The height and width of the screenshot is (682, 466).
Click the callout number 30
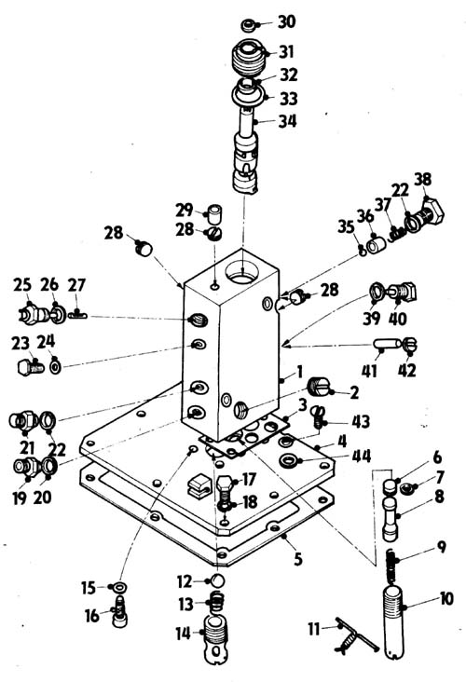[287, 22]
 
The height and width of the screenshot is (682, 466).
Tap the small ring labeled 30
[249, 25]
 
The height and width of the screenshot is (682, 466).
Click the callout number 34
[287, 121]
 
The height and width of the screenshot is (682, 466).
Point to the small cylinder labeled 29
[213, 212]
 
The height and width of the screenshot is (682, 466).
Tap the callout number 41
[369, 371]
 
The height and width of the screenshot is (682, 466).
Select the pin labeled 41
[387, 344]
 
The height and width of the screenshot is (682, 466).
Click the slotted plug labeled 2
[319, 387]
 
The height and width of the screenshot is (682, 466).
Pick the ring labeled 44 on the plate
[289, 460]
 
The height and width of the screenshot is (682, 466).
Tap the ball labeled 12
[217, 580]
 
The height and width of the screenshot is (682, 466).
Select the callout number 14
[184, 634]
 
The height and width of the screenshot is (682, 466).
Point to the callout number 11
[314, 629]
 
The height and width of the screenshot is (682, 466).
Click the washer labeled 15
[119, 588]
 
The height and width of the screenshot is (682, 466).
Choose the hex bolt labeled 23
[31, 368]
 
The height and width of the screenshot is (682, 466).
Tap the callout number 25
[22, 285]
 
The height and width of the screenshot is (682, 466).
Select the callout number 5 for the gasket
[297, 559]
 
